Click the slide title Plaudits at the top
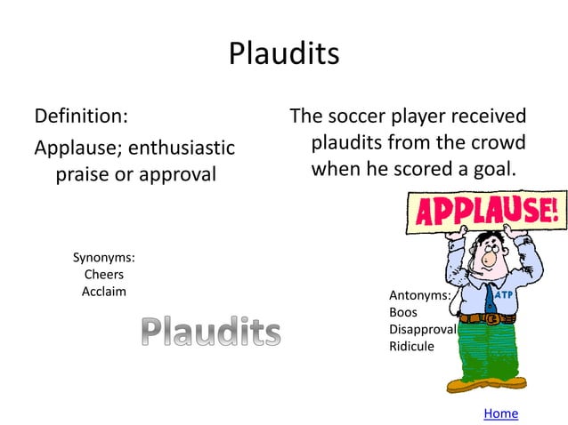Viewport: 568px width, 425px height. click(284, 53)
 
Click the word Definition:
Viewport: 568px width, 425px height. click(80, 116)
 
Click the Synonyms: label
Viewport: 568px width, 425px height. click(103, 258)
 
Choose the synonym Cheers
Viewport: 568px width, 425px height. click(103, 275)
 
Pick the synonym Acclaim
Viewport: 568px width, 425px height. click(103, 292)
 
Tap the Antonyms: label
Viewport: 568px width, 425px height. click(419, 295)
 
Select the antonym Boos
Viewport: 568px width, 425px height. click(403, 312)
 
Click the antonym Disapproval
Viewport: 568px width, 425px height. click(422, 329)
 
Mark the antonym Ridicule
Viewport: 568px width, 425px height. click(411, 346)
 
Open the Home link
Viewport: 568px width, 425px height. click(500, 413)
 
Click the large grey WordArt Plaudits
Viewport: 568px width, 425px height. click(211, 333)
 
